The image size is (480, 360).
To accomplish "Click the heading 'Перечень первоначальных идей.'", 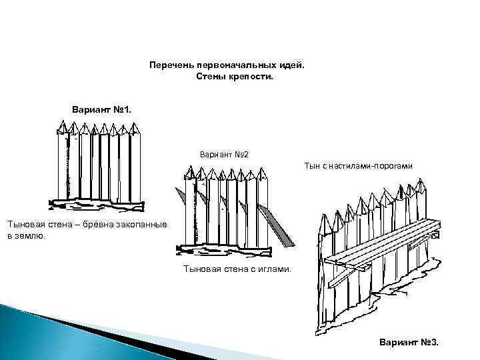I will pos(227,65).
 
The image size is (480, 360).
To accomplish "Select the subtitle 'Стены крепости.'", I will pos(235,77).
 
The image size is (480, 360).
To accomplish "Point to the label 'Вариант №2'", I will pos(223,155).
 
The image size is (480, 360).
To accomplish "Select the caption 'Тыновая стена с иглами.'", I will pos(237,269).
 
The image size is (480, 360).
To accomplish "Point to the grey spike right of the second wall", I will pos(279,227).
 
